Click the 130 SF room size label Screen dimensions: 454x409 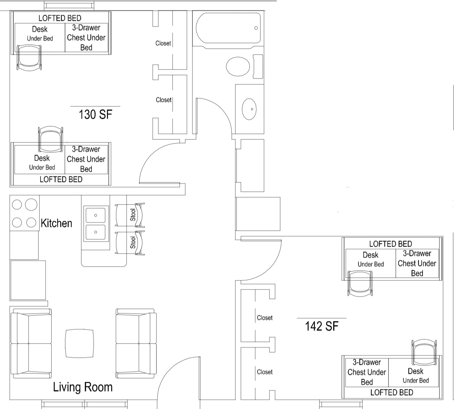[95, 114]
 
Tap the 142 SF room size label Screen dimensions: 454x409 [322, 326]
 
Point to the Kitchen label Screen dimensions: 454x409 [56, 223]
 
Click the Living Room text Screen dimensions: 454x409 [82, 387]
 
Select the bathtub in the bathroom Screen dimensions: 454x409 [228, 30]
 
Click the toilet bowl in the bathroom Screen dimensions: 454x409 [238, 66]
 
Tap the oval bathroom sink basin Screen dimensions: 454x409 [249, 109]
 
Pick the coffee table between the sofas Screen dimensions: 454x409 [79, 344]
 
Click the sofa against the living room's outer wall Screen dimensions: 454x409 [31, 343]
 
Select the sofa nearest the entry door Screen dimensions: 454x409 [136, 343]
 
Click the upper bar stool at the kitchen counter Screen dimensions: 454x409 [130, 215]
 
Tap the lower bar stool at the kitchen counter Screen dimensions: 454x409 [130, 243]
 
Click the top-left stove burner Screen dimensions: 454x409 [17, 204]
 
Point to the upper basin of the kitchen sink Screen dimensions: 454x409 [96, 215]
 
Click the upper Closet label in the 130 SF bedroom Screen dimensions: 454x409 [163, 43]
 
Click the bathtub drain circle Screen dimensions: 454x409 [256, 28]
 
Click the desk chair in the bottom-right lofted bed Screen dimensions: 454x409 [424, 353]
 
